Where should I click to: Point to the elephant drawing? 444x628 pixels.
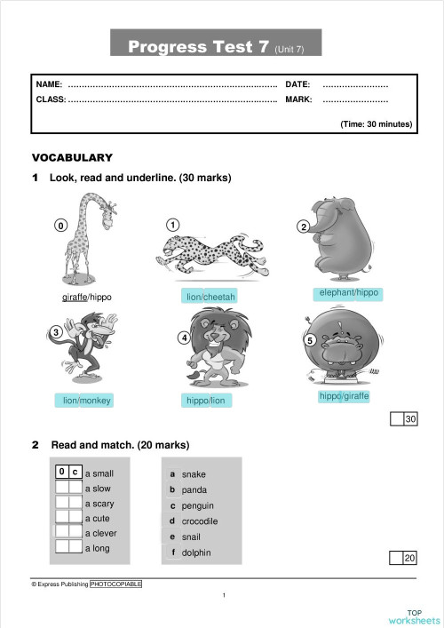342,242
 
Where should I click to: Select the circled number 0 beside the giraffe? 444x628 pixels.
60,226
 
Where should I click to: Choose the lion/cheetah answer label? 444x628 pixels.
211,297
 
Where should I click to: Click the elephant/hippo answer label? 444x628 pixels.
349,292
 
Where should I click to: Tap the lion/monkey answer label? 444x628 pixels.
87,401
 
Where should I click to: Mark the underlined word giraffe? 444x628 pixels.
75,297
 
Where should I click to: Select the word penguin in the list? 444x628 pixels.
197,505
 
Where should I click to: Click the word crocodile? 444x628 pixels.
200,521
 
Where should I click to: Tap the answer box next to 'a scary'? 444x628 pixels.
68,503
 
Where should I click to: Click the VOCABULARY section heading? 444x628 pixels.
72,157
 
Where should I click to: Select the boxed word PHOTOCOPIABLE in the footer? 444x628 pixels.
115,584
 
